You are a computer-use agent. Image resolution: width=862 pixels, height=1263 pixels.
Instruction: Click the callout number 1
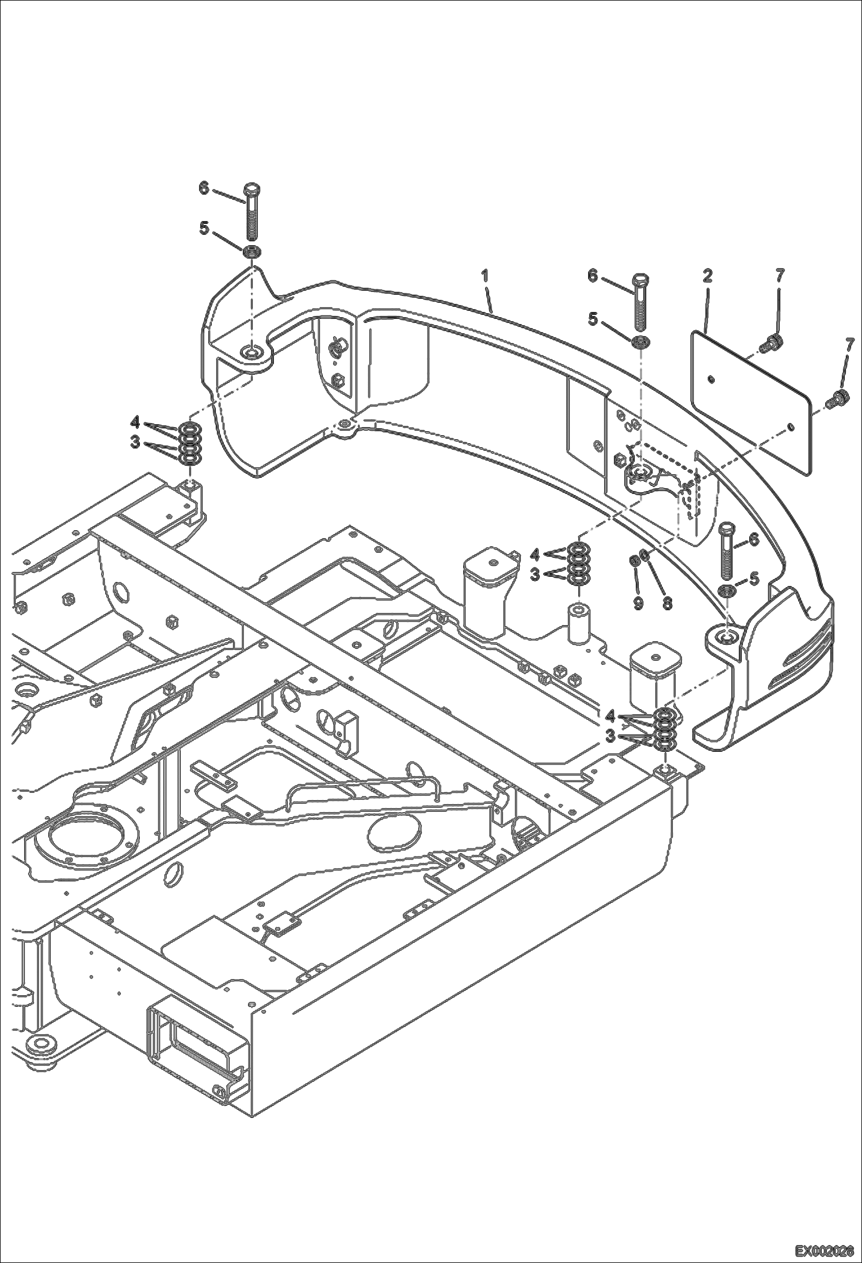[x=485, y=276]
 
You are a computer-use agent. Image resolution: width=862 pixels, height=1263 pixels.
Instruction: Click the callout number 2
[x=707, y=276]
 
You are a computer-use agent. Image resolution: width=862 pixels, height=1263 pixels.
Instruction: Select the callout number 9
[x=638, y=604]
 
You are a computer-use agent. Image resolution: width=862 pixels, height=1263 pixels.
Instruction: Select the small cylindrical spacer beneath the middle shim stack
[x=578, y=622]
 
